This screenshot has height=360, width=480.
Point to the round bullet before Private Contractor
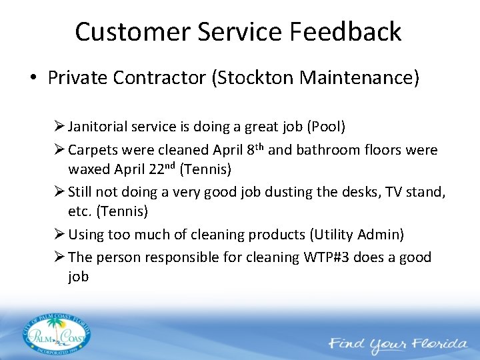click(33, 79)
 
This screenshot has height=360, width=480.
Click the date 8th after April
click(251, 149)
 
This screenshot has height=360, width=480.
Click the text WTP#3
click(326, 257)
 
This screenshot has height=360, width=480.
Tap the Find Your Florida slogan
click(397, 344)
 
